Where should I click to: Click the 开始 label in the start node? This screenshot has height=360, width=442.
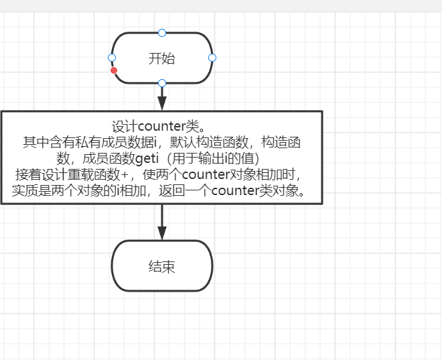point(161,58)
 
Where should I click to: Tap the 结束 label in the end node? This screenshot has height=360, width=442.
point(161,266)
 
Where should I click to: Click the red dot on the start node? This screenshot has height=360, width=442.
point(114,70)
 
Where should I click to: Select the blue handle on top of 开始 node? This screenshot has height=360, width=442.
point(161,32)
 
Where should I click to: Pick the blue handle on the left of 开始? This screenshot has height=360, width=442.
point(112,58)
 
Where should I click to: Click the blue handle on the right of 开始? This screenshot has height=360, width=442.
point(212,58)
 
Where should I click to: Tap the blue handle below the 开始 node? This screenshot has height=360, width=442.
point(161,83)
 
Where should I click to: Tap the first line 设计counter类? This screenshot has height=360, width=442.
point(161,126)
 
